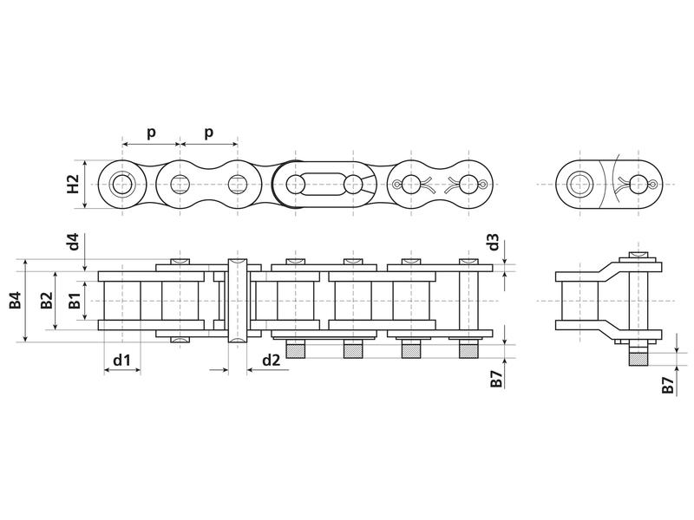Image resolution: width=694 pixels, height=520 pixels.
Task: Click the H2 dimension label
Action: tap(74, 184)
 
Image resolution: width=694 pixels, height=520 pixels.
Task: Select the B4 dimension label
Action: tap(15, 301)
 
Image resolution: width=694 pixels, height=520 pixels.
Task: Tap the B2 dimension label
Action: tap(44, 301)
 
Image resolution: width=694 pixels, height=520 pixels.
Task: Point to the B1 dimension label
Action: tap(75, 301)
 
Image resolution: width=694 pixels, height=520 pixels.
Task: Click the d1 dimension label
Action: tap(121, 359)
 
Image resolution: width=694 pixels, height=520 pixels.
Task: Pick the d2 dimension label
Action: tap(270, 359)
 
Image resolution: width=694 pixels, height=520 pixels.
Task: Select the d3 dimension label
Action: tap(492, 242)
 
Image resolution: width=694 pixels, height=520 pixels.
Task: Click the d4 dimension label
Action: tap(74, 242)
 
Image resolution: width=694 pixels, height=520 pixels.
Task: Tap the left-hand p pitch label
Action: tap(150, 132)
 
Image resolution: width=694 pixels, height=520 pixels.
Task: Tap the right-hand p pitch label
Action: tap(208, 132)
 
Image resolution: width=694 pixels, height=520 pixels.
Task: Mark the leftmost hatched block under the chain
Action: tap(295, 351)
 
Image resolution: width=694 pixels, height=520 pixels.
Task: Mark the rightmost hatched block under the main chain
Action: tap(468, 351)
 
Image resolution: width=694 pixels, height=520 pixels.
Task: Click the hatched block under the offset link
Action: tap(638, 355)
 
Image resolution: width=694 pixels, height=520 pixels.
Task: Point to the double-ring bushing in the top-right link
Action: tap(580, 184)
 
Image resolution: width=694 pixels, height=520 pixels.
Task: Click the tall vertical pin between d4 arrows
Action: tap(237, 301)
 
